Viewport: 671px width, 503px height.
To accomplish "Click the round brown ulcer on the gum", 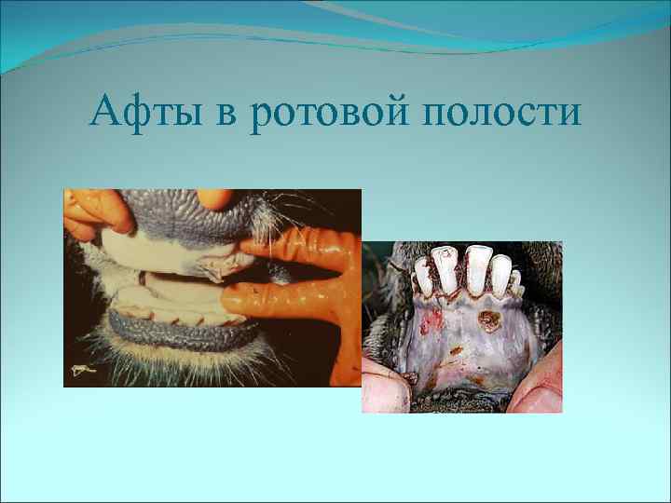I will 487,322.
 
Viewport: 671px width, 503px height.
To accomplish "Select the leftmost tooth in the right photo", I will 425,276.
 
